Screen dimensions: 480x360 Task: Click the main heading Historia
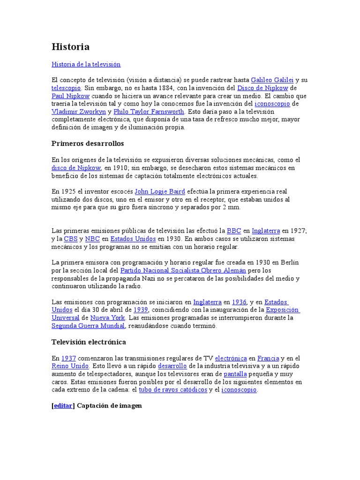pos(70,47)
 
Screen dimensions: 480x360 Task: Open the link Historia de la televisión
pos(86,64)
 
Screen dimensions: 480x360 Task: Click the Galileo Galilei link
pos(272,80)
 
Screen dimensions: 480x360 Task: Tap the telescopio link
pos(66,88)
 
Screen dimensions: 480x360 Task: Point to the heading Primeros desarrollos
pos(88,143)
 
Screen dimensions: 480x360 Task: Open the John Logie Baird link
pos(160,191)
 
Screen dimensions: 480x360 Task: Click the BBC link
pos(233,231)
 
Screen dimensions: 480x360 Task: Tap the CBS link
pos(71,239)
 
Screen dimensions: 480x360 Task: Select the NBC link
pos(92,239)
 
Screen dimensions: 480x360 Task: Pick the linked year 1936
pos(239,302)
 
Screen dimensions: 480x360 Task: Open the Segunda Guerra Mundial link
pos(88,326)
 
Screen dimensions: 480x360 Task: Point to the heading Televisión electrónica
pos(89,342)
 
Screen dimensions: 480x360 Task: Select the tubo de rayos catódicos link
pos(173,390)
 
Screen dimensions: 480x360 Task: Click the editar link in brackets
pos(63,405)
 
